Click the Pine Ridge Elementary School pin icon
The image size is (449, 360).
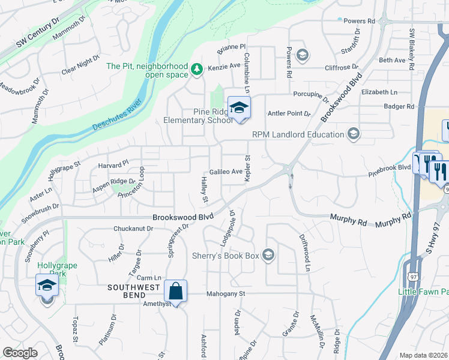pos(239,108)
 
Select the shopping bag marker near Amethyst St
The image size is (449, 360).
pos(175,292)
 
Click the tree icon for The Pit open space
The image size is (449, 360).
pos(196,70)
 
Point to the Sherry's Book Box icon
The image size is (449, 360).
pos(268,256)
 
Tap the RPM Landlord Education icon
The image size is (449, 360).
pos(354,134)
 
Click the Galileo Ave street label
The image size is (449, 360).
pos(226,172)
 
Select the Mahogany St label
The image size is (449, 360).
pos(226,294)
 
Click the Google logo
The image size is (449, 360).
pos(20,352)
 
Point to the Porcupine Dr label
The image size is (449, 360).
pos(312,95)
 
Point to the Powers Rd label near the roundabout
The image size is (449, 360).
pos(360,21)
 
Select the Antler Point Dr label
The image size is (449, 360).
pos(289,113)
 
